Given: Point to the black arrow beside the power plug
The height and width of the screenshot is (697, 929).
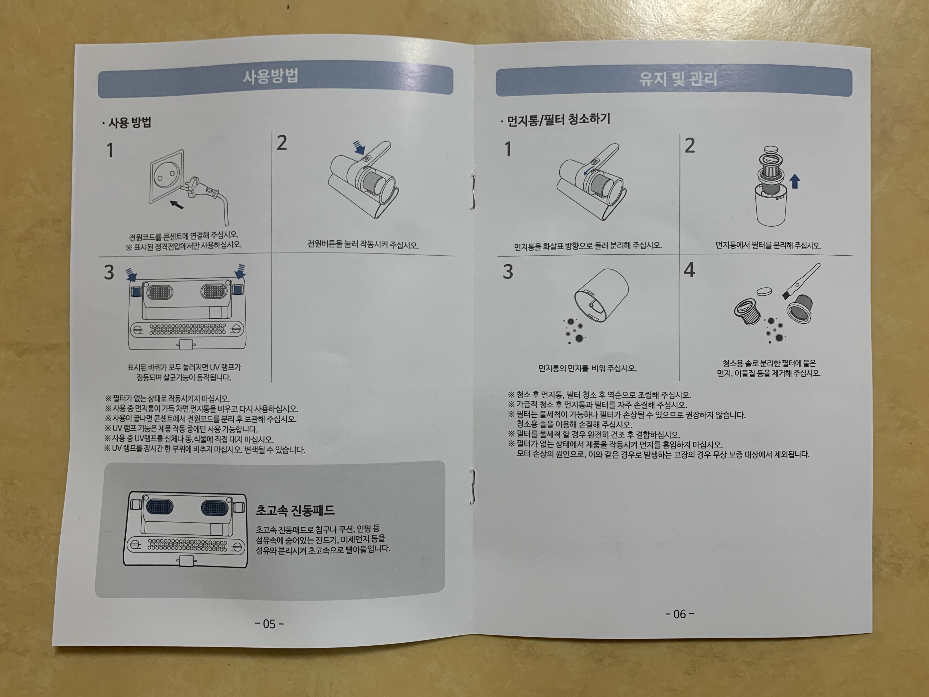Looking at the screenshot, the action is (x=176, y=205).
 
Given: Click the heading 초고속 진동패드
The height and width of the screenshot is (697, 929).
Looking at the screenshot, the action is (x=295, y=510).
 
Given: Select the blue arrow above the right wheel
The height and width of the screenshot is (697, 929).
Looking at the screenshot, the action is (x=240, y=271).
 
